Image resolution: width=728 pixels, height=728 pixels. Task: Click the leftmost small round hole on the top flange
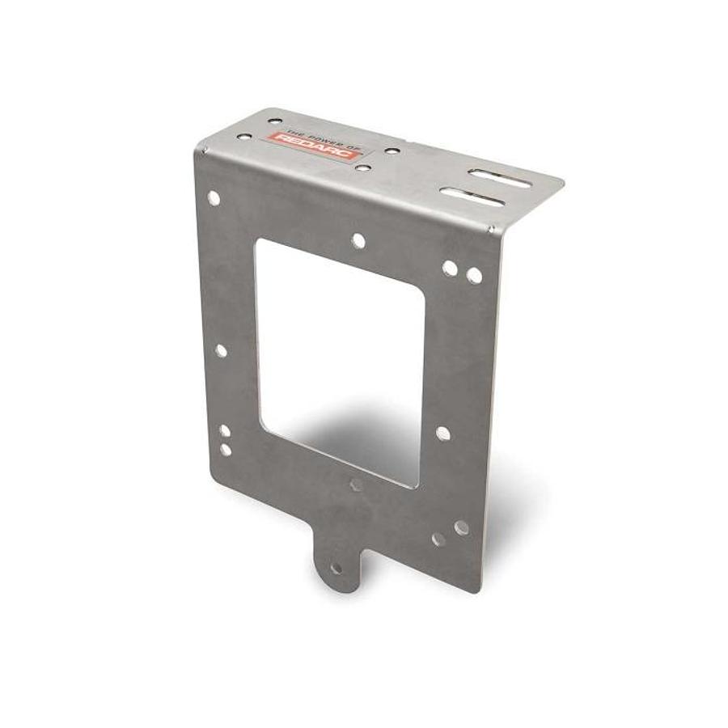276,121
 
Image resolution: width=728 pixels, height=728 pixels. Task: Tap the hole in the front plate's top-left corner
214,197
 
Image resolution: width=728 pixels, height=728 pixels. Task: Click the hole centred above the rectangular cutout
358,240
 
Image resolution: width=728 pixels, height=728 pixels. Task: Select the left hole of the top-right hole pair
449,267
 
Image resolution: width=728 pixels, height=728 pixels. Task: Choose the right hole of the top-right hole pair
474,276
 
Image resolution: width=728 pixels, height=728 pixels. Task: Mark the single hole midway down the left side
221,350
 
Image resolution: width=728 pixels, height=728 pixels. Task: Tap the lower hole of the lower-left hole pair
226,448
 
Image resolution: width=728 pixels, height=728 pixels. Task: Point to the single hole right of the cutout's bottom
442,434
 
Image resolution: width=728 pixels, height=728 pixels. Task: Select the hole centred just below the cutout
357,485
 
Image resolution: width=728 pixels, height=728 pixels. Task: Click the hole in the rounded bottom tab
336,569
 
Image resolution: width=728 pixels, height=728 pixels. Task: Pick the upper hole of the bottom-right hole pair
461,527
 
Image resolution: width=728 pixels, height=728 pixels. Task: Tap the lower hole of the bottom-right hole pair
438,539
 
